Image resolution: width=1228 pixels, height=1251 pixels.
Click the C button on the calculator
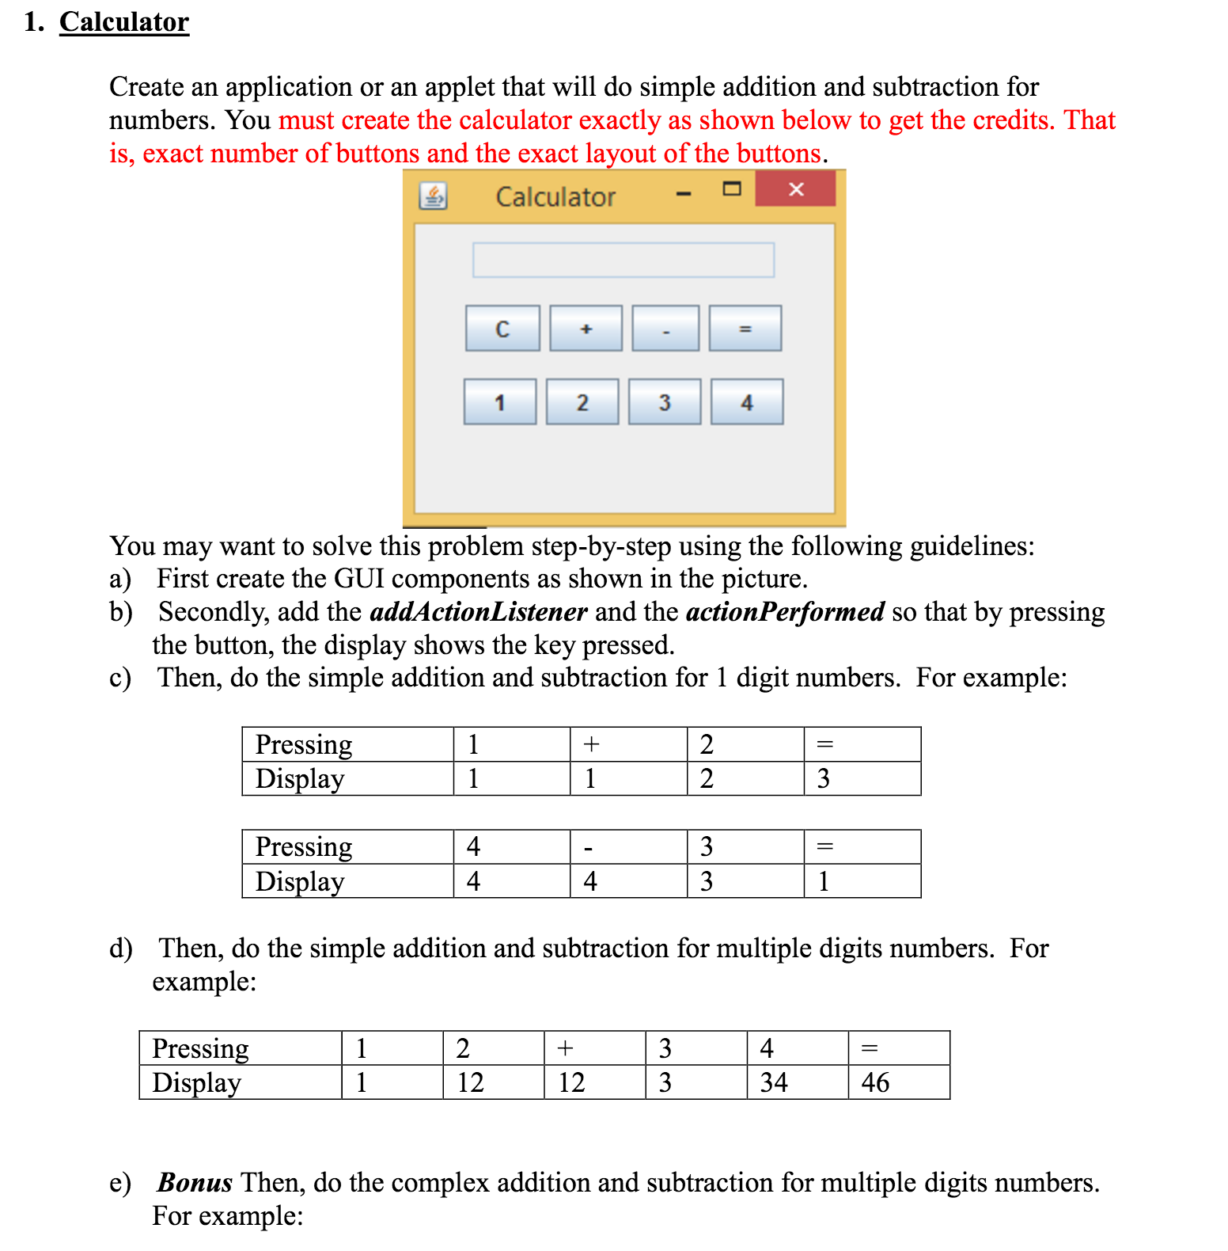(x=502, y=329)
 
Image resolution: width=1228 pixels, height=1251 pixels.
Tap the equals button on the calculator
(x=745, y=329)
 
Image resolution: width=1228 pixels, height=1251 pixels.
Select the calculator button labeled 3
(x=665, y=402)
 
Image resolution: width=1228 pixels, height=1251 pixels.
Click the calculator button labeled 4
(x=747, y=402)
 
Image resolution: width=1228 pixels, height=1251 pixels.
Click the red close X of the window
(x=795, y=189)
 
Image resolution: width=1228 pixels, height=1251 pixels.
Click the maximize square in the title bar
(x=732, y=189)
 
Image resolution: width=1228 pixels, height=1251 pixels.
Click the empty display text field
(x=623, y=260)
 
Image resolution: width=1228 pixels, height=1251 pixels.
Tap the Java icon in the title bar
(x=433, y=196)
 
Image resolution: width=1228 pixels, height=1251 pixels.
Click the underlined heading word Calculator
(x=124, y=22)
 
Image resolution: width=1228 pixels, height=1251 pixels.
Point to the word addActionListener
(x=478, y=612)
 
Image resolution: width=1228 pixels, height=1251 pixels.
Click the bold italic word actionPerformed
(x=784, y=612)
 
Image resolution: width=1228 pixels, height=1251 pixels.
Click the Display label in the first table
(x=300, y=779)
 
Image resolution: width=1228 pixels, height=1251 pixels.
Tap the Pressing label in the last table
(x=200, y=1048)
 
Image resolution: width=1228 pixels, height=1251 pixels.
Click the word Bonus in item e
(x=195, y=1183)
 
